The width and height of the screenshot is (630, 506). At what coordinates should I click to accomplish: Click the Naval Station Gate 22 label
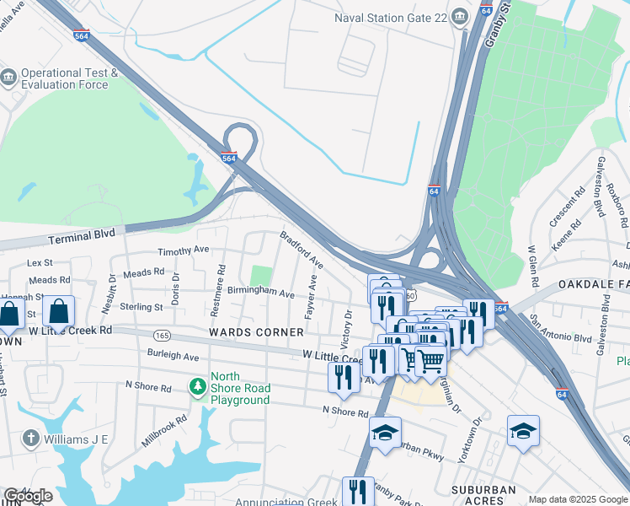[x=390, y=18]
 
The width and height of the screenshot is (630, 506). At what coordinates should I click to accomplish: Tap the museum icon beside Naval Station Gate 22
[x=459, y=16]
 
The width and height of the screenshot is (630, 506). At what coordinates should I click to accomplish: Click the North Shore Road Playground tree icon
[x=198, y=386]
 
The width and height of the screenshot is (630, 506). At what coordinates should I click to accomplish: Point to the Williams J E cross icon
[x=30, y=438]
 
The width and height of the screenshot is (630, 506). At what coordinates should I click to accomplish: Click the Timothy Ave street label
[x=184, y=250]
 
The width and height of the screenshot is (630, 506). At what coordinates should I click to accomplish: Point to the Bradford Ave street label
[x=302, y=250]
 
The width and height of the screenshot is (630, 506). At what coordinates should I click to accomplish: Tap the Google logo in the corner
[x=28, y=496]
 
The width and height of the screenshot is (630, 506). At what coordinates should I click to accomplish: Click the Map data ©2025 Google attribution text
[x=578, y=499]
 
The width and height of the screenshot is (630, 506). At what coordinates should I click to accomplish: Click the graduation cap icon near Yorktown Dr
[x=523, y=430]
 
